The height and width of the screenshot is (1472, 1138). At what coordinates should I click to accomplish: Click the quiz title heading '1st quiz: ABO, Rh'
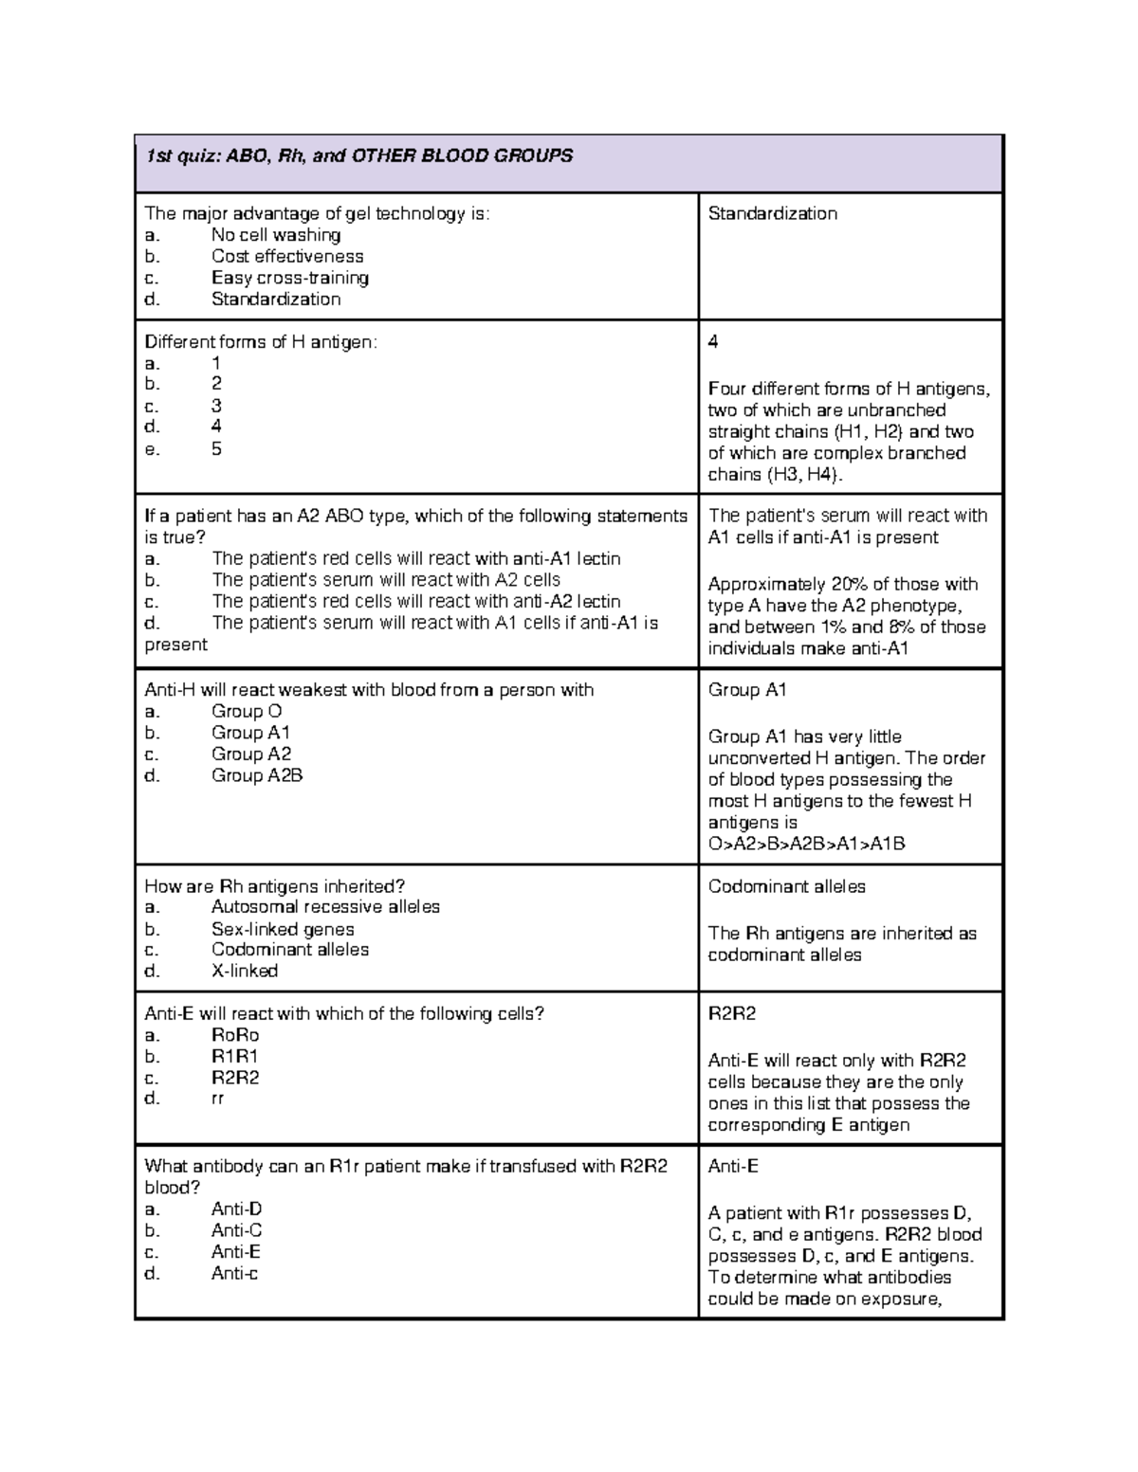pos(358,155)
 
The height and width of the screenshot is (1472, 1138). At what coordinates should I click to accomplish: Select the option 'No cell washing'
pos(275,235)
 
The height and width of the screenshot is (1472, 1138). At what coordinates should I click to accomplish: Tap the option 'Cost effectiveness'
pos(286,256)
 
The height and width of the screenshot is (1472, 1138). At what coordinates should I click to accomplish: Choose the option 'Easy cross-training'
pos(289,278)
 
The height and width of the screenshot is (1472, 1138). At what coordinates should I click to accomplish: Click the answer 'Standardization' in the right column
pos(772,213)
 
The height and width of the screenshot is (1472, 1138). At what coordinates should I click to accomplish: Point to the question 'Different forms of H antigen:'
pos(260,342)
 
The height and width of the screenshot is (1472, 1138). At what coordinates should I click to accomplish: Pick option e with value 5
pos(216,449)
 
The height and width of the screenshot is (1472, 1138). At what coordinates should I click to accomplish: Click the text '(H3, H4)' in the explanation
pos(802,475)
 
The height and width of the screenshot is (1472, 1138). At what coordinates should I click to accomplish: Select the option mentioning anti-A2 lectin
pos(415,602)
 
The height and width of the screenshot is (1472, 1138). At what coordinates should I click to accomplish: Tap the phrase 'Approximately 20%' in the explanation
pos(776,584)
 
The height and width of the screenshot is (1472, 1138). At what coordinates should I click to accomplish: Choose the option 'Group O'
pos(246,712)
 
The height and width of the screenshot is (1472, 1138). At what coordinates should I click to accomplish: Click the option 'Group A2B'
pos(256,775)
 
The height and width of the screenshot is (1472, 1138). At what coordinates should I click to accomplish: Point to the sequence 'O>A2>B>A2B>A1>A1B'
pos(806,844)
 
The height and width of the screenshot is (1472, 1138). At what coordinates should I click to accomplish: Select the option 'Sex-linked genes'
pos(282,929)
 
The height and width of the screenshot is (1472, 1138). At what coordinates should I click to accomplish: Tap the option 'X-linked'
pos(244,971)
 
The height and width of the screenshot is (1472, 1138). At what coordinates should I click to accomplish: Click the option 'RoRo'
pos(234,1035)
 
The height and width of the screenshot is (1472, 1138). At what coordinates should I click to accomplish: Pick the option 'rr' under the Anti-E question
pos(217,1099)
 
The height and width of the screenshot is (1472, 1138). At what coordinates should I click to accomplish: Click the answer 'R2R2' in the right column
pos(731,1013)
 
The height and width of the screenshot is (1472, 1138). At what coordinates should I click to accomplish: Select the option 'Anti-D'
pos(236,1209)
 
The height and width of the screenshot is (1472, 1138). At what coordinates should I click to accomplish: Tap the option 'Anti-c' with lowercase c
pos(234,1273)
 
